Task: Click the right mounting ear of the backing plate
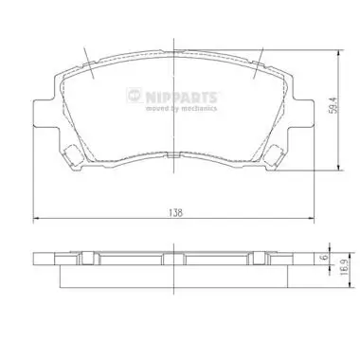(304, 114)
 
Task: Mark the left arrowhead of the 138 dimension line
(37, 220)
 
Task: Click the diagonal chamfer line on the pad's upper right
(259, 59)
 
